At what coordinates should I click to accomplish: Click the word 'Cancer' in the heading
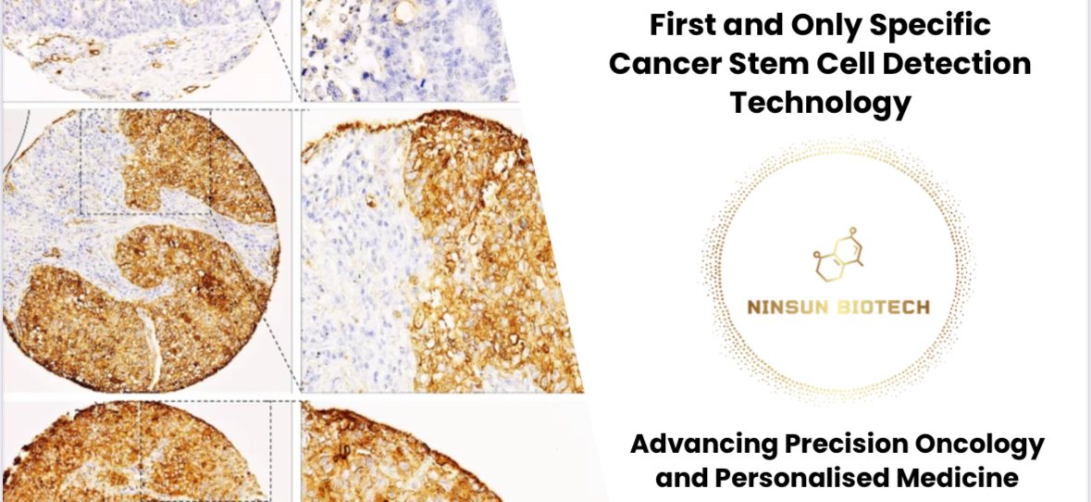click(658, 65)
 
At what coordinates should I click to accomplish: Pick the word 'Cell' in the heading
click(832, 65)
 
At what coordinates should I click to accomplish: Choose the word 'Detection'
click(952, 65)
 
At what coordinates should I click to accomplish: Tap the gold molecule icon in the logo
click(837, 255)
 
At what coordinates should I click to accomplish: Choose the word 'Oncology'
click(983, 445)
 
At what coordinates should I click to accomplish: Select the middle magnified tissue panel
click(442, 251)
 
